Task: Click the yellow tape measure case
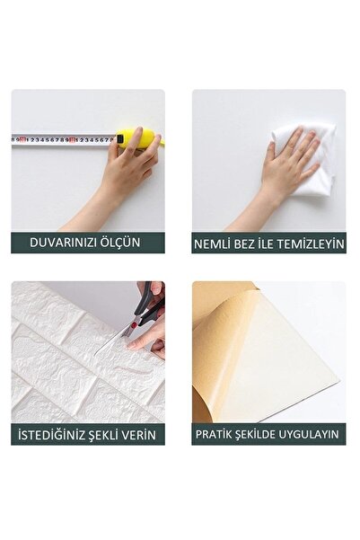tap(135, 137)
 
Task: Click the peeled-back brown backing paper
tap(221, 350)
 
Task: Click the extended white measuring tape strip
tap(63, 139)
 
